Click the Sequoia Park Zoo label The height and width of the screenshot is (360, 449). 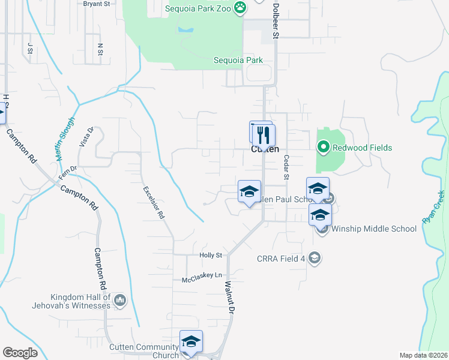click(199, 8)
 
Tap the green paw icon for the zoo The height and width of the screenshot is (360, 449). click(240, 8)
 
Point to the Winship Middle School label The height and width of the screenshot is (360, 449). click(374, 229)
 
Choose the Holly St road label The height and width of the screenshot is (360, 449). click(211, 255)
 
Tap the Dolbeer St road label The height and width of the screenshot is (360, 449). click(276, 22)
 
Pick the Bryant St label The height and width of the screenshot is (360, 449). click(97, 4)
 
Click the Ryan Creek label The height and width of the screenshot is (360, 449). click(434, 207)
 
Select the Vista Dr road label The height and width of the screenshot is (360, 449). click(86, 137)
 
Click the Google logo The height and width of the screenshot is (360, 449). click(19, 353)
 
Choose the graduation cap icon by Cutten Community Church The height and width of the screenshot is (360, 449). click(191, 342)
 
